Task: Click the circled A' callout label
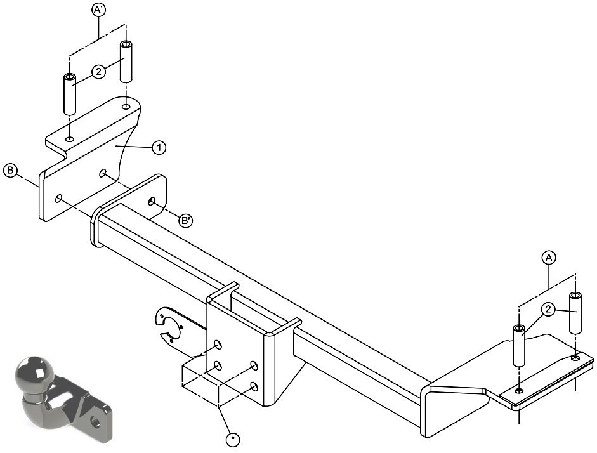click(x=98, y=10)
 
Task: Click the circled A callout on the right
click(x=549, y=258)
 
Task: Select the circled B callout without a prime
click(x=10, y=170)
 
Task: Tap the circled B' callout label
click(x=185, y=220)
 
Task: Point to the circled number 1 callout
click(x=159, y=147)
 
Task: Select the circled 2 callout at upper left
click(x=98, y=71)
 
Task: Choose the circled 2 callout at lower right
click(x=548, y=310)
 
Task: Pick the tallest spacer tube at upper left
click(x=126, y=62)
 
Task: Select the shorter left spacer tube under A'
click(x=69, y=94)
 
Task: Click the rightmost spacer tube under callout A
click(x=575, y=313)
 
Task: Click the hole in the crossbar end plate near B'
click(x=152, y=201)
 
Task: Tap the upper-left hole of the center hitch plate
click(x=218, y=345)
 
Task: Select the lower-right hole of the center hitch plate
click(x=254, y=388)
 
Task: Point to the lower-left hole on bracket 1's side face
click(x=58, y=198)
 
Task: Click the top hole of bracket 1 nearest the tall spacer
click(x=126, y=106)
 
